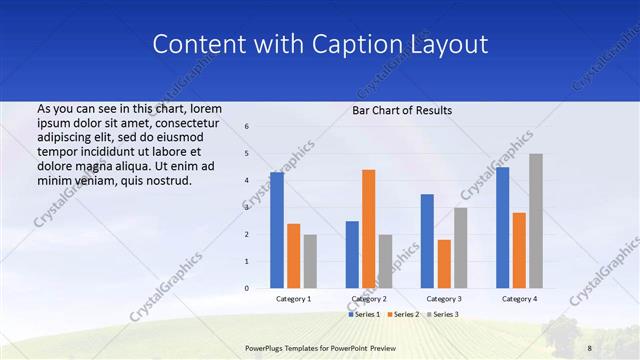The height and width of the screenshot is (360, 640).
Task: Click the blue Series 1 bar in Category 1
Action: point(276,230)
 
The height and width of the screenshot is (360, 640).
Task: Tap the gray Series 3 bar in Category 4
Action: point(536,221)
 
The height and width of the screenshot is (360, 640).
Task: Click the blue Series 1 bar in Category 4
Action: point(502,227)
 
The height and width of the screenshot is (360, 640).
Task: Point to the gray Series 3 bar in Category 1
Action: point(310,261)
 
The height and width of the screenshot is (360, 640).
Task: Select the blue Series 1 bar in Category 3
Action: point(427,241)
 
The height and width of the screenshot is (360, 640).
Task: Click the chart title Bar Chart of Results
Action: point(402,110)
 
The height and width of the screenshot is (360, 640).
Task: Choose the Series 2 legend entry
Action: point(402,314)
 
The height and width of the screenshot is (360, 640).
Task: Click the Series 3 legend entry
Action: point(441,314)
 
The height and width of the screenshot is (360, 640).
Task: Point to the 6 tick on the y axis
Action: point(247,127)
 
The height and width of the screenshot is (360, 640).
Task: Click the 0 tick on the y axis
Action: point(247,288)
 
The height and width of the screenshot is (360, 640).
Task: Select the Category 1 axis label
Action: point(293,299)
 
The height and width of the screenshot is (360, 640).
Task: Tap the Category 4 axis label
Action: point(519,299)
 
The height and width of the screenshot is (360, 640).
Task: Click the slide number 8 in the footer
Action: point(589,347)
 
